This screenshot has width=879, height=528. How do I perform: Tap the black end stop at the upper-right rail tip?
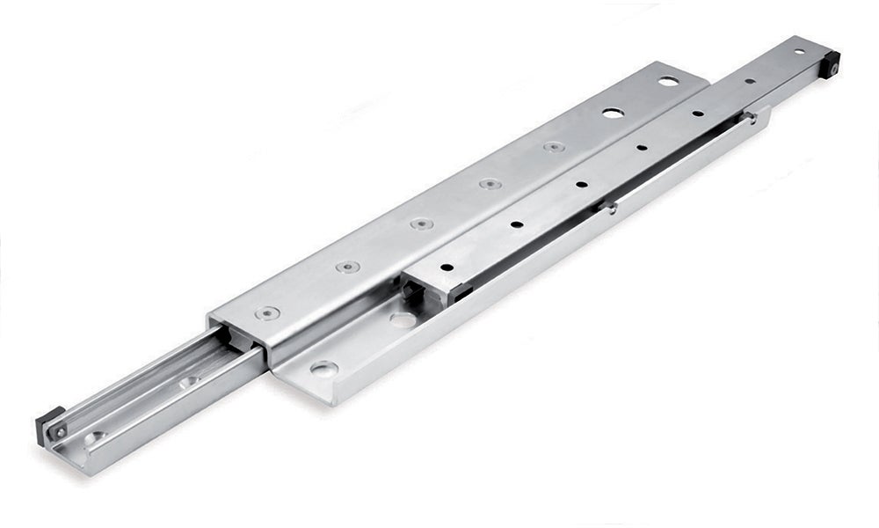click(x=831, y=62)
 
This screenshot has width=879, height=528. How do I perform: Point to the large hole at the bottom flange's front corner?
click(x=323, y=369)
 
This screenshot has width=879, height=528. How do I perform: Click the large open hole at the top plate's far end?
click(x=668, y=82)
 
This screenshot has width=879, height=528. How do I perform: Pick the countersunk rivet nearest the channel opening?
click(x=267, y=312)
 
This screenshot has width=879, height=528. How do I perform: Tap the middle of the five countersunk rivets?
click(x=421, y=224)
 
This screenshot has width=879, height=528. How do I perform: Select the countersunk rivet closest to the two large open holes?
click(x=553, y=147)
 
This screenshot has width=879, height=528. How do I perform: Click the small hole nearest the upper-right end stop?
click(x=798, y=52)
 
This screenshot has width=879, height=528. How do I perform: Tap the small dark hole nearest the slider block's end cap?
click(x=447, y=267)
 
